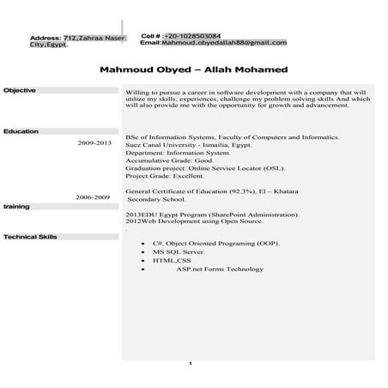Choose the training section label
(x=16, y=207)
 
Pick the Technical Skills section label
(x=30, y=235)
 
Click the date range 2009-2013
(x=94, y=142)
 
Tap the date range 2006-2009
(x=93, y=197)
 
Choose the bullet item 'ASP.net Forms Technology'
(x=220, y=270)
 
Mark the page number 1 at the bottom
(x=190, y=364)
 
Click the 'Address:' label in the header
(x=45, y=39)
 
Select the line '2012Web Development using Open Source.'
(x=191, y=220)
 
